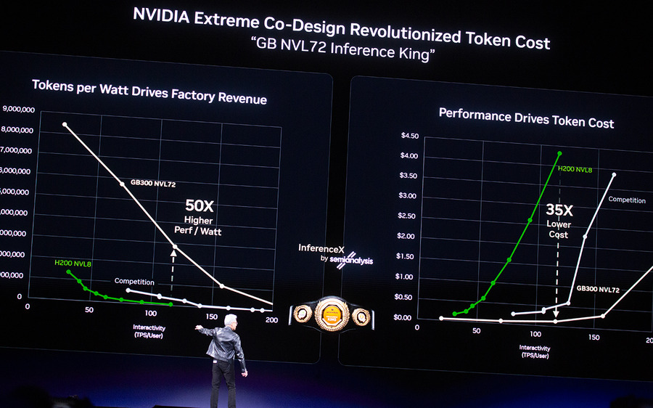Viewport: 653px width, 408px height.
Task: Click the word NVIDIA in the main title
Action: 161,17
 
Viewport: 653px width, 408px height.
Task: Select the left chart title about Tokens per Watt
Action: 149,91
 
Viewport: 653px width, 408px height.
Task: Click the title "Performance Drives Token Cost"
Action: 526,118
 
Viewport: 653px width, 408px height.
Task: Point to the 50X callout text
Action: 199,206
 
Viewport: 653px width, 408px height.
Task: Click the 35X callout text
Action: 559,211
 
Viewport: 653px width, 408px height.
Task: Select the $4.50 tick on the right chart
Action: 410,136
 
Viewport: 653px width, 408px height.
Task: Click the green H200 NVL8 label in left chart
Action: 72,262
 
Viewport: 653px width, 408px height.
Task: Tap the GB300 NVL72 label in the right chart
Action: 598,289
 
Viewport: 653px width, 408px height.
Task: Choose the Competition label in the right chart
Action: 626,200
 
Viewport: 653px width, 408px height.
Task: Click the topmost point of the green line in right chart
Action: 559,153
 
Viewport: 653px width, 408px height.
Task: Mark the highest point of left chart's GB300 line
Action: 65,124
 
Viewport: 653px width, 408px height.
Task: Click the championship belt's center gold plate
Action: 332,314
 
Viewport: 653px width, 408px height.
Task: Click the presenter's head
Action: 230,321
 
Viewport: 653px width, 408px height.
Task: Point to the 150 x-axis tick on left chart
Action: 213,317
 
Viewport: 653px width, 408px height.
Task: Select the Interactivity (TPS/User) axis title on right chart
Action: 534,352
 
